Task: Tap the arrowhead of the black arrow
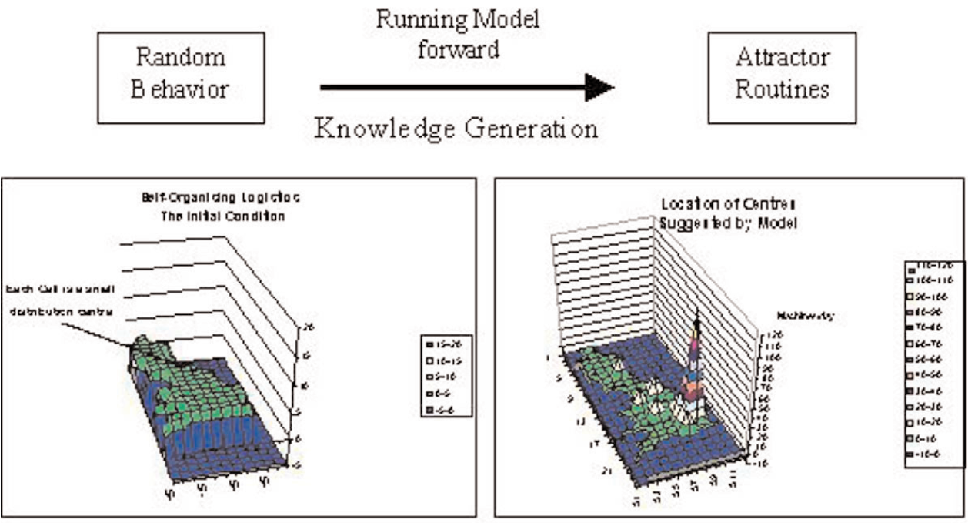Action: [600, 87]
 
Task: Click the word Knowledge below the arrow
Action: [375, 127]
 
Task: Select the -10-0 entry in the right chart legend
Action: [933, 454]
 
